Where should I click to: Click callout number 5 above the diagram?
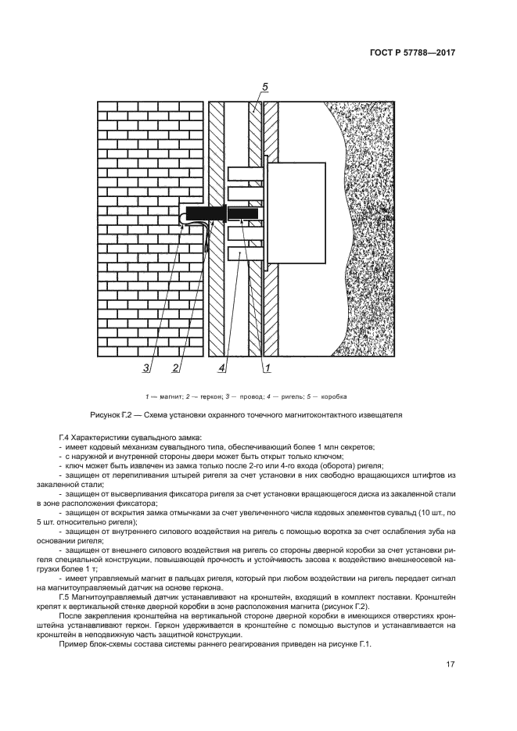(x=265, y=87)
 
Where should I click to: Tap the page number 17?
(x=451, y=665)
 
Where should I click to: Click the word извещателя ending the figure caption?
(x=380, y=415)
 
